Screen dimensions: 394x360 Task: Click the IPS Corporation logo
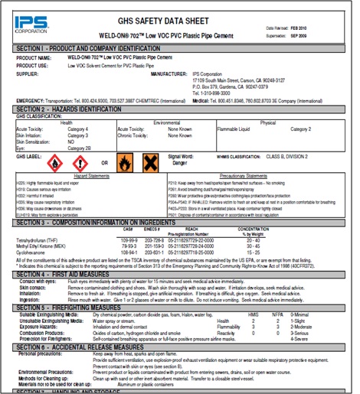click(x=28, y=19)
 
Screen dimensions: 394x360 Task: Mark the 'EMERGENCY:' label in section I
click(x=31, y=100)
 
